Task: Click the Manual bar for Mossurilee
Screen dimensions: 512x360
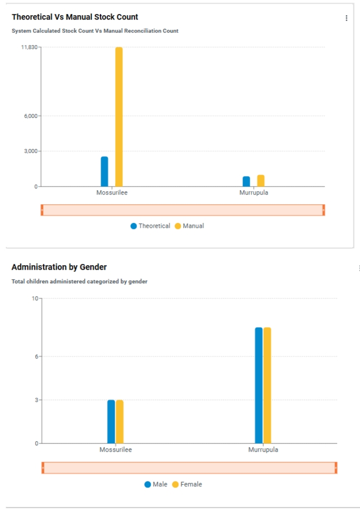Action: coord(119,117)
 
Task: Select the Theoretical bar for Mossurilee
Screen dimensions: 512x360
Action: coord(104,172)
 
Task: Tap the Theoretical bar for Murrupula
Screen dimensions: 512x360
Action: coord(246,182)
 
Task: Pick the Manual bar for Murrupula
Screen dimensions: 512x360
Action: coord(261,181)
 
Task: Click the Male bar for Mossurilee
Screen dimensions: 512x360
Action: coord(111,422)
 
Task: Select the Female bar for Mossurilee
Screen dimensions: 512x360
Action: coord(120,422)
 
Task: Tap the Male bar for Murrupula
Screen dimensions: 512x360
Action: coord(259,385)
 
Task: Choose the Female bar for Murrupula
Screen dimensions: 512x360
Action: coord(267,385)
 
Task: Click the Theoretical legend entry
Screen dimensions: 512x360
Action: coord(150,226)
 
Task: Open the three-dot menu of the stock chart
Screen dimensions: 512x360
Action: coord(346,18)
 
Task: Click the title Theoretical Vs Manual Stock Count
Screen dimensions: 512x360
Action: coord(75,17)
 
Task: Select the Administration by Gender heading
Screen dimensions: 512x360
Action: coord(59,267)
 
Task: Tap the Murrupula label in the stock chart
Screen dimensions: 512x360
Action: coord(254,192)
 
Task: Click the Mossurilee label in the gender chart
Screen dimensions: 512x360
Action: coord(115,449)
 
